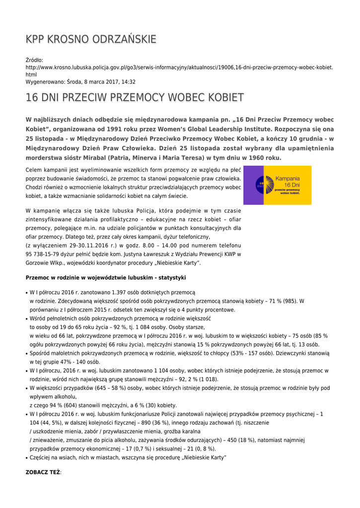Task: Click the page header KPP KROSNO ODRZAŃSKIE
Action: tap(91, 40)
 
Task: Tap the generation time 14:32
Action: tap(129, 82)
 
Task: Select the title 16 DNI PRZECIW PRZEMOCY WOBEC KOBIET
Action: tap(135, 98)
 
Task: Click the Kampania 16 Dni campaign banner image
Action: tap(277, 185)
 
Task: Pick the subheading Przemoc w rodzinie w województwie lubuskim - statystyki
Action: tap(106, 277)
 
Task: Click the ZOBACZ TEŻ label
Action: tap(43, 473)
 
